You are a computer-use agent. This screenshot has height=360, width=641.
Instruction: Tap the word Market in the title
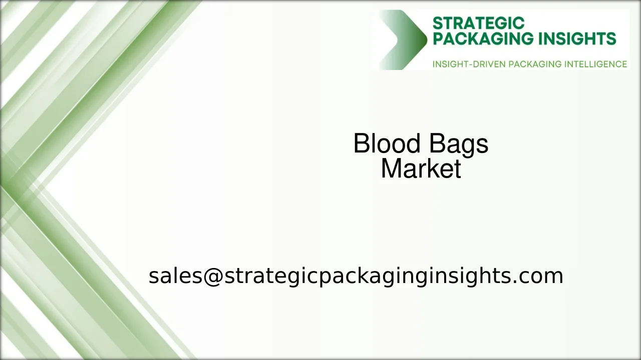[421, 169]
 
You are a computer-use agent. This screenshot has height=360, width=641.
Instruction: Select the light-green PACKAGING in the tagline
[534, 64]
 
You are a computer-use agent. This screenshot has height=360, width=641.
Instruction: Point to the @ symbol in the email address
[213, 276]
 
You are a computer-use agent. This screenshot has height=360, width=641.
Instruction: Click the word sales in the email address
[175, 276]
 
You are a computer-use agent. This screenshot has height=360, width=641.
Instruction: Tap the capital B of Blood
[362, 144]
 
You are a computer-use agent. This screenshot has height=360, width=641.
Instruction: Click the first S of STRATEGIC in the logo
[437, 23]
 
